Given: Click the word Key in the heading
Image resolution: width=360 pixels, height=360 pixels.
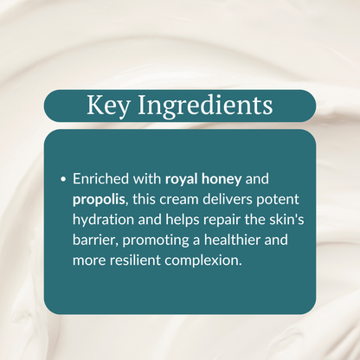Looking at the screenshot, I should point(107,106).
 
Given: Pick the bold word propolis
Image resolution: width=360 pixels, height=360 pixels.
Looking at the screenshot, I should point(100,200).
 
